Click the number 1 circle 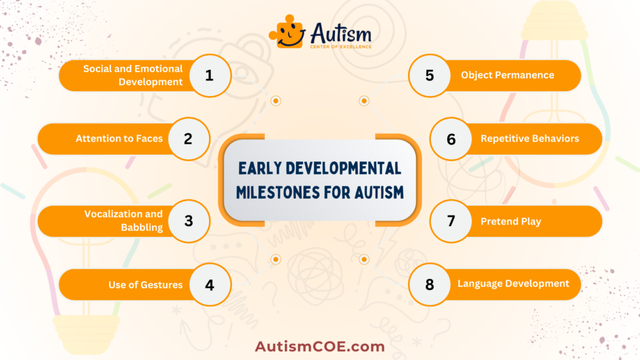point(210,75)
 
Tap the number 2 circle point(188,139)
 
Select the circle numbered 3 point(188,221)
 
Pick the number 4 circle point(210,284)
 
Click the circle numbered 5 point(430,75)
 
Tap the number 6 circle point(451,139)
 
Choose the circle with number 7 point(451,221)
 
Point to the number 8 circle point(430,284)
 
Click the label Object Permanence point(507,75)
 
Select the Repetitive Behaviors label point(530,139)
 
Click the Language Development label point(513,284)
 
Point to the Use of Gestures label point(146,285)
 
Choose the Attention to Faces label point(119,139)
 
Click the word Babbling point(141,228)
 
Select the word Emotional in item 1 point(160,69)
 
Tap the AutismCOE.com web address point(319,346)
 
